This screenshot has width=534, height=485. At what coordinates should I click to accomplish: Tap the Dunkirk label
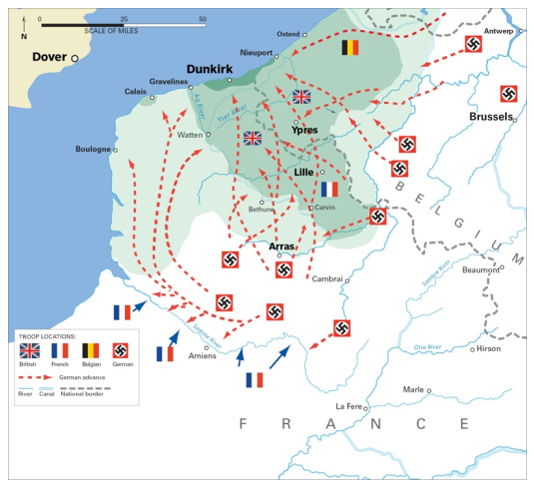coord(209,69)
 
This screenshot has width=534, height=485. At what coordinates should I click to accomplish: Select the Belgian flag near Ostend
coord(350,47)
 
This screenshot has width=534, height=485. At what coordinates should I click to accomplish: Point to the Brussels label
coord(489,117)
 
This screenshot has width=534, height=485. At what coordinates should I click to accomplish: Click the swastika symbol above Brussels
coord(508,95)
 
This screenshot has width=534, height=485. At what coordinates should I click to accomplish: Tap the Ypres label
coord(303,130)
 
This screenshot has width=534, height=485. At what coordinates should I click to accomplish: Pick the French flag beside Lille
coord(329,188)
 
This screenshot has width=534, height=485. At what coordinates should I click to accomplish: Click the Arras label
coord(282,245)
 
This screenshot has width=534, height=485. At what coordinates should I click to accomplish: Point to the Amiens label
coord(200,356)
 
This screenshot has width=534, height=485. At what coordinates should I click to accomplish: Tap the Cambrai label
coord(327,279)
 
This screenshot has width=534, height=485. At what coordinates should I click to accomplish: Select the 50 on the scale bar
coord(203,19)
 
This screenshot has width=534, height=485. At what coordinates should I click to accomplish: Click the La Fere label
coord(348,406)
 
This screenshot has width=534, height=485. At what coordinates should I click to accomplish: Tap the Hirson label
coord(489,349)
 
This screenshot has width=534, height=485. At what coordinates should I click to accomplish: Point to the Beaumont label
coord(481,268)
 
